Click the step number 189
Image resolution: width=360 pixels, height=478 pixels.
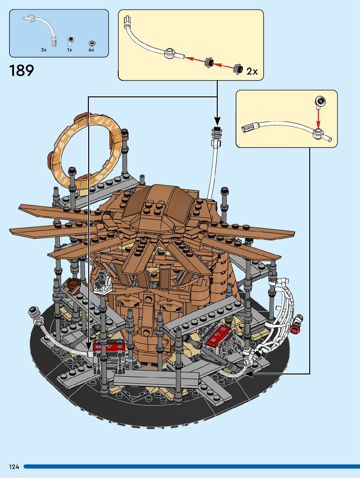pyautogui.click(x=21, y=71)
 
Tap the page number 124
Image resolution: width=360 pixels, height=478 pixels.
pyautogui.click(x=14, y=467)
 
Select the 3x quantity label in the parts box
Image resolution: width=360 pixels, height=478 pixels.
pyautogui.click(x=44, y=50)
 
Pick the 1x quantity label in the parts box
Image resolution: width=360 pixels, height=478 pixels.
pyautogui.click(x=69, y=50)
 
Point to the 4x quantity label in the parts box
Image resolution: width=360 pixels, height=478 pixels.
pyautogui.click(x=91, y=50)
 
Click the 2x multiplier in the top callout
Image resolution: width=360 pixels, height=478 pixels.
pyautogui.click(x=252, y=71)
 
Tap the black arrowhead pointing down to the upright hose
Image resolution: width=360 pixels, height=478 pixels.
pyautogui.click(x=217, y=121)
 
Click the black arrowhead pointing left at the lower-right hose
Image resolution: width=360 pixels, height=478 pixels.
pyautogui.click(x=249, y=374)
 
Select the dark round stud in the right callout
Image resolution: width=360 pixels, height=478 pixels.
pyautogui.click(x=321, y=101)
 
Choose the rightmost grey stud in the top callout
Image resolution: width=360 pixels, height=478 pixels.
pyautogui.click(x=238, y=68)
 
